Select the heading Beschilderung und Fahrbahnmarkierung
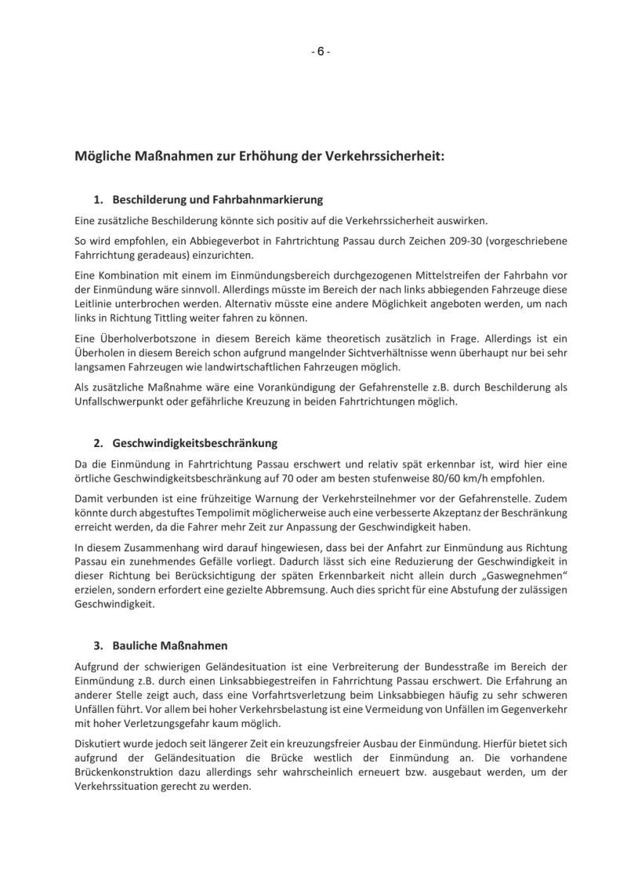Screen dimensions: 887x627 (218, 200)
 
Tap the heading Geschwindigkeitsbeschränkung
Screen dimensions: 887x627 (195, 443)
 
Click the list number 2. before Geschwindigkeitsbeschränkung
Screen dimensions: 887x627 (98, 443)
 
